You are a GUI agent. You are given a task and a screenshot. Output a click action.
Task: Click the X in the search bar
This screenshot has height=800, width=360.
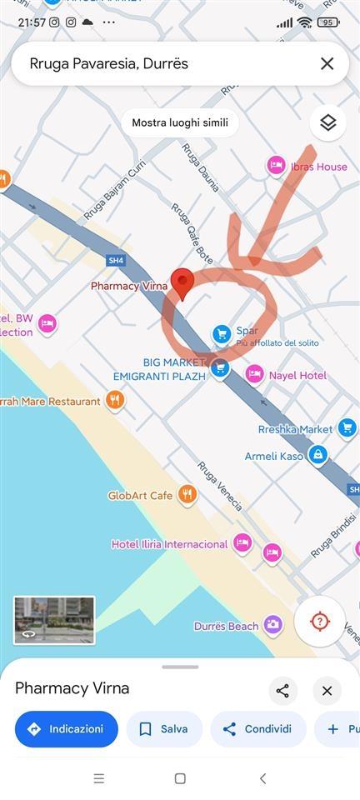point(327,63)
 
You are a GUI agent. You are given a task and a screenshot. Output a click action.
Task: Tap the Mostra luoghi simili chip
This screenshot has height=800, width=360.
point(180,122)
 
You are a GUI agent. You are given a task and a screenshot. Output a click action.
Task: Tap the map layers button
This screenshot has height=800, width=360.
point(327,122)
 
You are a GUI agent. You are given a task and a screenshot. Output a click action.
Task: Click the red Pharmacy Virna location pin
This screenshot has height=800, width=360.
point(182,283)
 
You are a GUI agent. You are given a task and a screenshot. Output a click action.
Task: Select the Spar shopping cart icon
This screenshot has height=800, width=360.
point(221,334)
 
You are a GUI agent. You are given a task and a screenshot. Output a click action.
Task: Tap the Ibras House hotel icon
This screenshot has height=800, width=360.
point(276,166)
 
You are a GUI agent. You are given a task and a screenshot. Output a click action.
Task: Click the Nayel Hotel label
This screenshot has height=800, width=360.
point(297,376)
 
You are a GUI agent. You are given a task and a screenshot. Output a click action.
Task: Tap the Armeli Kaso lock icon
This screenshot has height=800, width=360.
point(317,455)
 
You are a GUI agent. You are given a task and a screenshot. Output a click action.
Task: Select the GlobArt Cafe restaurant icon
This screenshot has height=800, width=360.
point(187,495)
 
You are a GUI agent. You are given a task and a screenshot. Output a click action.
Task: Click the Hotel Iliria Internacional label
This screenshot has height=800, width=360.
point(169,544)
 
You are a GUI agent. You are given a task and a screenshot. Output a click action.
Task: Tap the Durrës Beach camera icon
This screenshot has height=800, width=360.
point(272,625)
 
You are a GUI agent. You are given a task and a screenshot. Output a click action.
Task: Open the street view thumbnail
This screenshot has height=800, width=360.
point(54,620)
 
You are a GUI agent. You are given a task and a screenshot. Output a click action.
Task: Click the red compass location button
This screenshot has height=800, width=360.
point(319,622)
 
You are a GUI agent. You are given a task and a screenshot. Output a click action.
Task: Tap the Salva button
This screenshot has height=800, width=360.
point(164,729)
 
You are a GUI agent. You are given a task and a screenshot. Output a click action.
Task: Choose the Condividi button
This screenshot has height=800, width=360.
point(257,729)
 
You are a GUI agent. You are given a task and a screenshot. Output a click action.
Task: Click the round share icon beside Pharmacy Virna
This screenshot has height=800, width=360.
point(282,690)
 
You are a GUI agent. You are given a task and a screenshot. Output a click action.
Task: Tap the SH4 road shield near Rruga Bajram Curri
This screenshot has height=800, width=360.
point(116,261)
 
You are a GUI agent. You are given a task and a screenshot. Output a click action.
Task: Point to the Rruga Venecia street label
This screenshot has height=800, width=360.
point(220,486)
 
